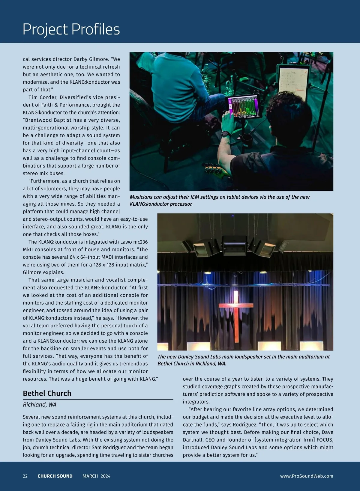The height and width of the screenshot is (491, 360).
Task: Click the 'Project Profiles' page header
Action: (71, 29)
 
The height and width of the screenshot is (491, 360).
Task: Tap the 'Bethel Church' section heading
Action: (47, 393)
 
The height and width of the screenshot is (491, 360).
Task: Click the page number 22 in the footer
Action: (25, 476)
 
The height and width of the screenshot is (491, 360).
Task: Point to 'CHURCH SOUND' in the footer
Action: (55, 476)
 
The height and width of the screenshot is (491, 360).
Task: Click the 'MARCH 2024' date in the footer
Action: (96, 476)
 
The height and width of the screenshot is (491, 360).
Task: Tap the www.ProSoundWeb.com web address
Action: (307, 476)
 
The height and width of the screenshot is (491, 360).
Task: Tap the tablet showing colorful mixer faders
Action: (244, 106)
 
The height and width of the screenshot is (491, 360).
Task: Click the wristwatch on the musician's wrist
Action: (226, 134)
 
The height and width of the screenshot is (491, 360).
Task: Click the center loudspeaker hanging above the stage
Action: (235, 245)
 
